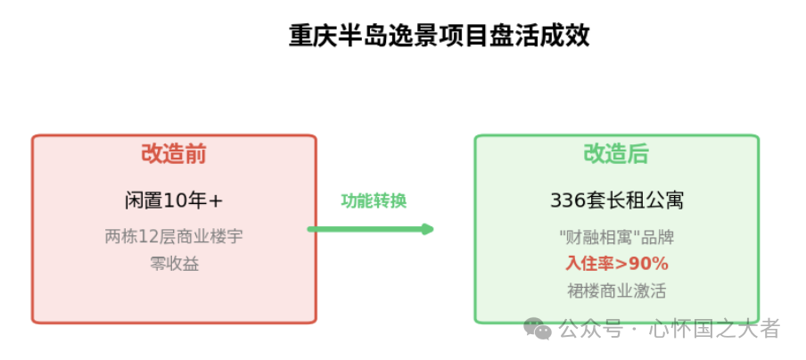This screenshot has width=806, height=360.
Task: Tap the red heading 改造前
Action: pos(174,154)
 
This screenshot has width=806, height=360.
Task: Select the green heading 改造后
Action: pos(616,154)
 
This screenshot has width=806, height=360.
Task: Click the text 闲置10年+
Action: pos(174,200)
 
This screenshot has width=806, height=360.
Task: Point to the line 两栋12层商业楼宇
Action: pos(174,237)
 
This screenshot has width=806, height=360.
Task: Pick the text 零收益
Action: pos(174,264)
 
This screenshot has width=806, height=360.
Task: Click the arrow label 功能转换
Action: pos(374,201)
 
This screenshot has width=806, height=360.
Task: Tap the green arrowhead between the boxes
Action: pos(428,229)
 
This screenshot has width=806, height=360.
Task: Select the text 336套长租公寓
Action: pos(616,200)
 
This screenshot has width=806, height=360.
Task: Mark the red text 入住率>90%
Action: pos(616,264)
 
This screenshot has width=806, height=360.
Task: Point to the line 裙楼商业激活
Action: pos(616,290)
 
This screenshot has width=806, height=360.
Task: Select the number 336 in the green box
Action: pos(567,200)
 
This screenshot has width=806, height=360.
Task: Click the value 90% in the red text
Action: pos(651,264)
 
